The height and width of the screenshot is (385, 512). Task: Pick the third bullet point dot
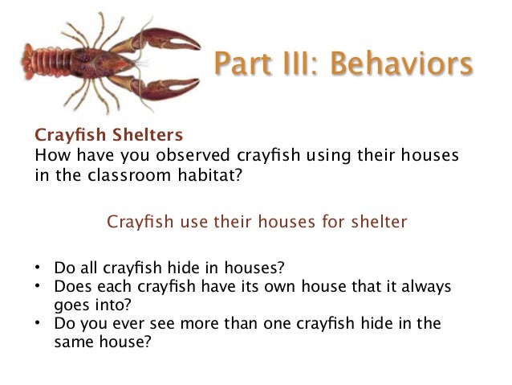click(x=39, y=326)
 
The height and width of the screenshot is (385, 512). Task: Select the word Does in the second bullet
click(x=71, y=287)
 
